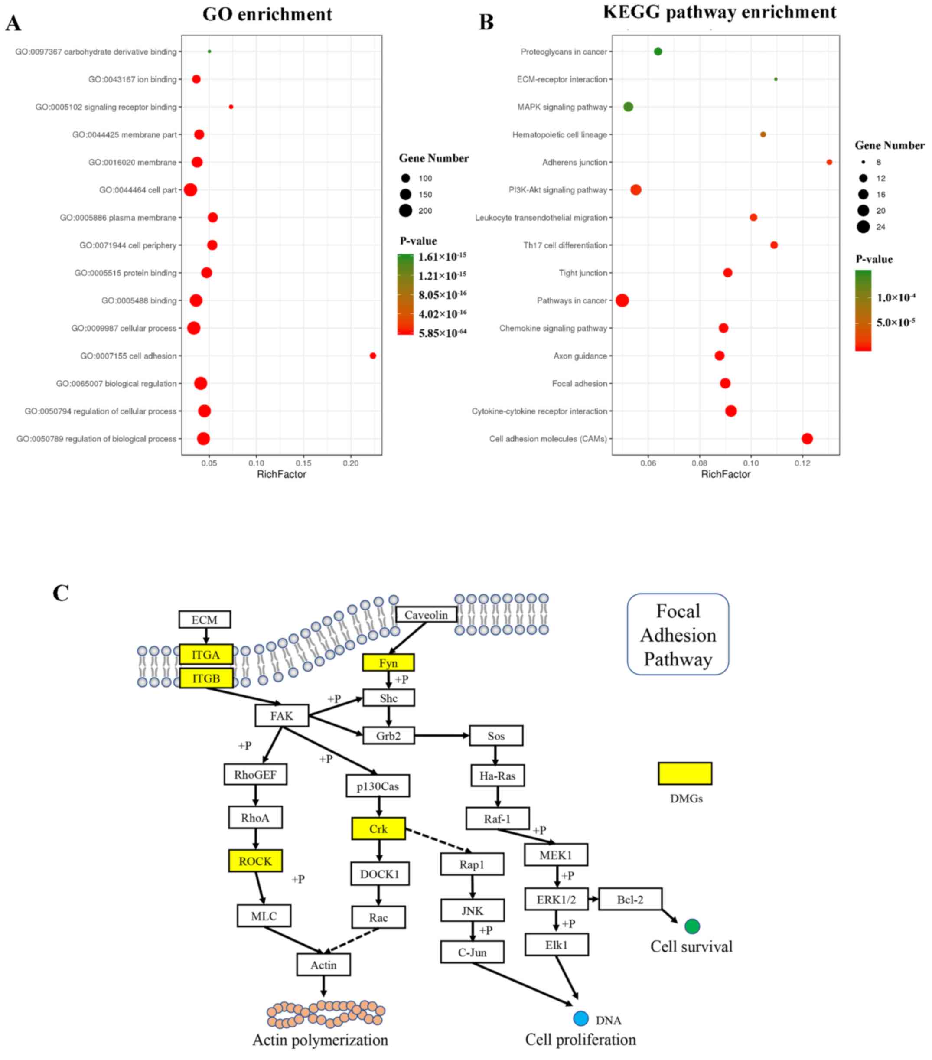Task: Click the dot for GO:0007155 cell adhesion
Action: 372,356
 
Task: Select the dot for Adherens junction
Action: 829,162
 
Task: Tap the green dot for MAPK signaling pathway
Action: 628,107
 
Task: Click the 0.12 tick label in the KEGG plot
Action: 802,463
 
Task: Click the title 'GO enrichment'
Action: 267,14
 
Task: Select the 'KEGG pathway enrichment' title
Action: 719,13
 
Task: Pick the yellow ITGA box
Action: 206,655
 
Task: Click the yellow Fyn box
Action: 388,663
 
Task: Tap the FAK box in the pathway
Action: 282,716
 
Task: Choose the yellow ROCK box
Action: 255,861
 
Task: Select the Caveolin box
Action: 426,615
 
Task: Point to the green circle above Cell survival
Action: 692,926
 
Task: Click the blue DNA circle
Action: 581,1018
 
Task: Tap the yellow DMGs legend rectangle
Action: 684,773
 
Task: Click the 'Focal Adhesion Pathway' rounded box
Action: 678,634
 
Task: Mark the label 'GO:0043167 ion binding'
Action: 132,79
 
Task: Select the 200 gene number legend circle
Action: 406,211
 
